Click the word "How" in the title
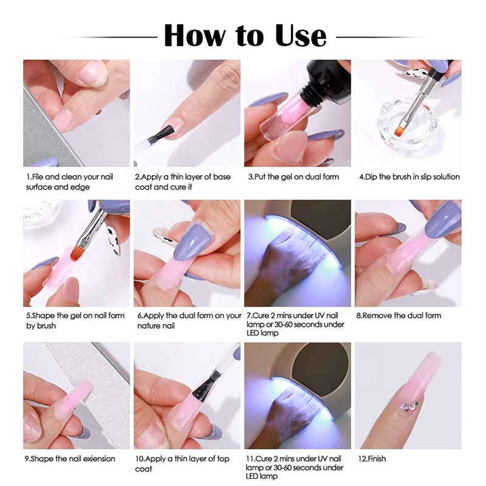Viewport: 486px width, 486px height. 194,36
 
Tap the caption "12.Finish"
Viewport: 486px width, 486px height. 372,459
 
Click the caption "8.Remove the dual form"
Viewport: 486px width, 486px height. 399,315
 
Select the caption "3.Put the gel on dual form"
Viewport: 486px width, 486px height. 293,177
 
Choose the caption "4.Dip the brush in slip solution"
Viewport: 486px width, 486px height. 409,177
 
